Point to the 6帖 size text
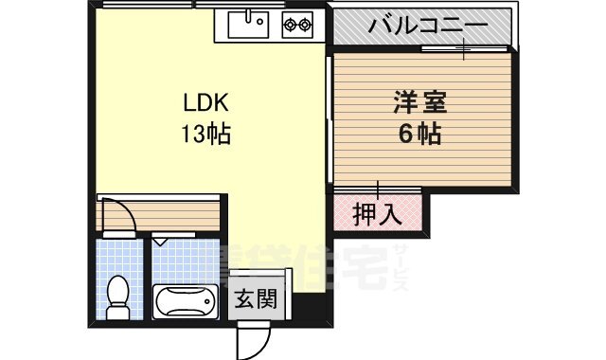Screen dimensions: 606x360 point(418,134)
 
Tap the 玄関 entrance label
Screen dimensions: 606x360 point(256,302)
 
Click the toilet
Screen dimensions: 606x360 point(118,297)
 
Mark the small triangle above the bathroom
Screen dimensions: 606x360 point(162,243)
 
